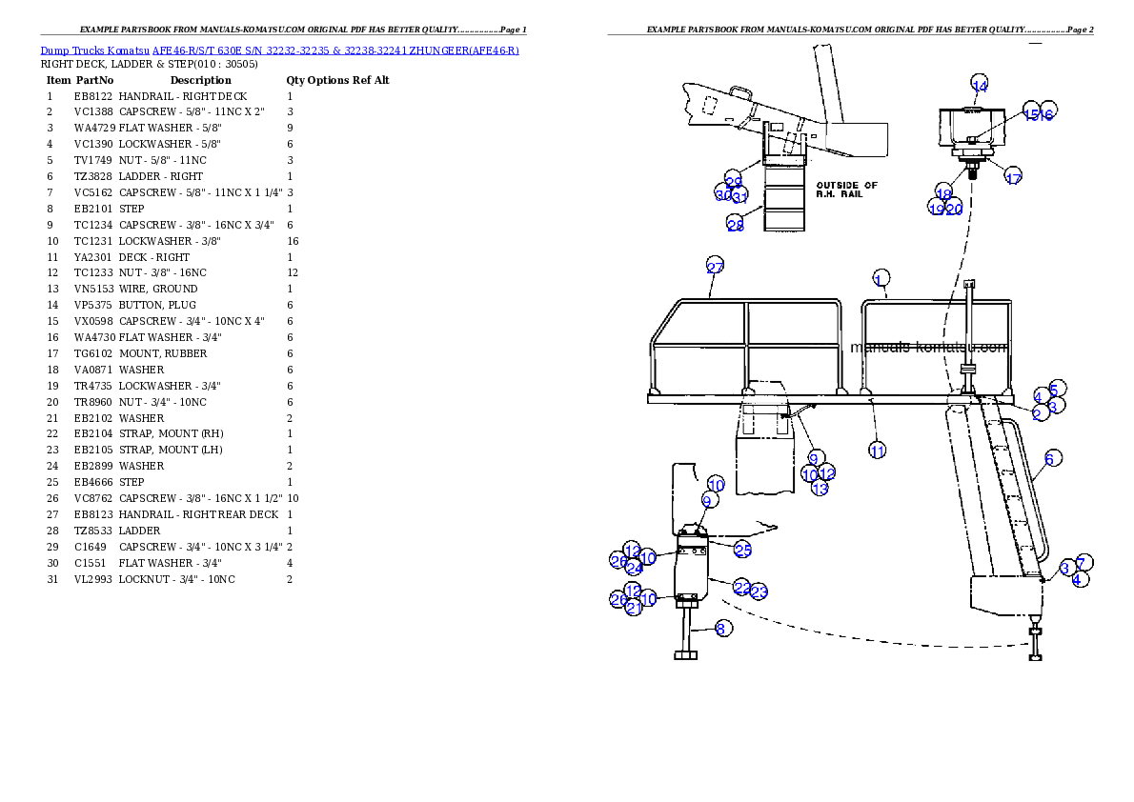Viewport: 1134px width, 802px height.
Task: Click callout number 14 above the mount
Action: (x=980, y=84)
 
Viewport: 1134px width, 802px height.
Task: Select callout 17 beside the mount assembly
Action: (x=1013, y=177)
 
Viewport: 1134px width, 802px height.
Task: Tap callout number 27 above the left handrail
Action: (x=716, y=267)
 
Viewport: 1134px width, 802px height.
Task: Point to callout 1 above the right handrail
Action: (x=881, y=277)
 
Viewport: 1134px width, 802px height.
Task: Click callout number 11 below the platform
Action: (x=877, y=450)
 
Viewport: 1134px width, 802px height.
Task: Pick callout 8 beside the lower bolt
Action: (x=722, y=628)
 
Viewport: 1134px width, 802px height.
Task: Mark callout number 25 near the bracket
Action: (x=742, y=549)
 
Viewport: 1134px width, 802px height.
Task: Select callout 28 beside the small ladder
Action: (x=735, y=225)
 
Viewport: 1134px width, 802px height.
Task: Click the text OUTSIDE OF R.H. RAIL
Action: (x=846, y=190)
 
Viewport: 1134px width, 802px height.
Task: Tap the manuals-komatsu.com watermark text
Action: (x=928, y=348)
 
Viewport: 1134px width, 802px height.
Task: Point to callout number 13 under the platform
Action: (x=820, y=489)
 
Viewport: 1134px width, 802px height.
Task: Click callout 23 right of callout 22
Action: (x=759, y=592)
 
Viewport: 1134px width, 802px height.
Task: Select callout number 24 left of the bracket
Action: (x=635, y=568)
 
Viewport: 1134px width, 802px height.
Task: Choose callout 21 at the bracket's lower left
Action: (x=635, y=607)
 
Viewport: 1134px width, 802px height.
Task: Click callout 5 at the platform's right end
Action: (x=1056, y=389)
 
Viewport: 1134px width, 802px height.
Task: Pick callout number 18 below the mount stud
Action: (x=943, y=193)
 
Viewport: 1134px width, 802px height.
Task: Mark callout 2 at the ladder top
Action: (x=1037, y=414)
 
